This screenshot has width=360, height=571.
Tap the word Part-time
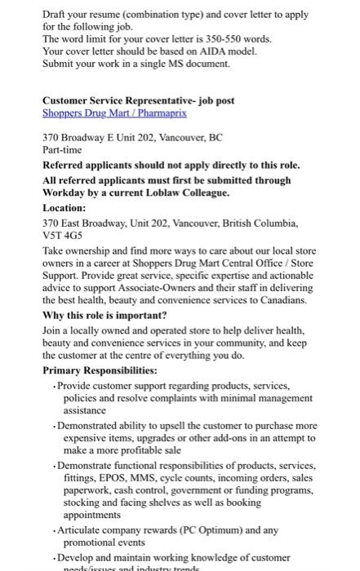point(61,152)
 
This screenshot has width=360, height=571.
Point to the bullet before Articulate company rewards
point(52,529)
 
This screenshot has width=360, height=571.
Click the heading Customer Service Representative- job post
point(139,100)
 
